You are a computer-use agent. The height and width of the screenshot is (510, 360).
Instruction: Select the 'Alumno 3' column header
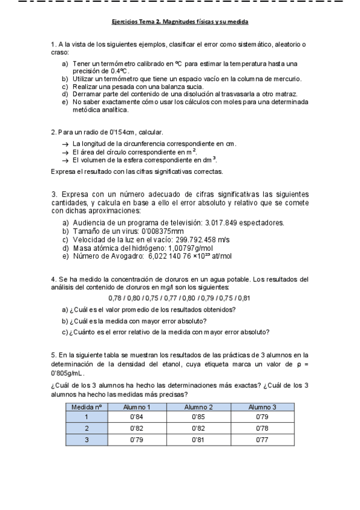[x=262, y=407]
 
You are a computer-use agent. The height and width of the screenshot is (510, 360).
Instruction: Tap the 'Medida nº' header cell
[x=87, y=407]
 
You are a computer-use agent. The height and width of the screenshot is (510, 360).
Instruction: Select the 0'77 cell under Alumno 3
[x=262, y=440]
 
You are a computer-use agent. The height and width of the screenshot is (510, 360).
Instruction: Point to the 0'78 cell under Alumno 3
[x=262, y=428]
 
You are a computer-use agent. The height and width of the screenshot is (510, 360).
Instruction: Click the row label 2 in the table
[x=87, y=428]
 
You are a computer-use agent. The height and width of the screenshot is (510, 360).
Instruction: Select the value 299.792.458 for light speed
[x=194, y=239]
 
